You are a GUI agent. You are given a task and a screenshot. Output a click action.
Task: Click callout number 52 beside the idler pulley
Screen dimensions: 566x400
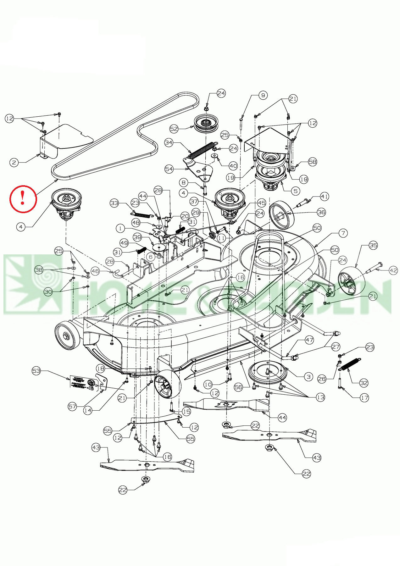tap(174, 129)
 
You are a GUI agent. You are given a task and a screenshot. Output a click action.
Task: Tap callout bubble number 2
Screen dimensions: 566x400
tap(14, 163)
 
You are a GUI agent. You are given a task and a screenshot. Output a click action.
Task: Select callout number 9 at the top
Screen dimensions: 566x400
tap(263, 95)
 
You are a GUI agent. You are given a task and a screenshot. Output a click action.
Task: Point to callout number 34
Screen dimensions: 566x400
tap(169, 143)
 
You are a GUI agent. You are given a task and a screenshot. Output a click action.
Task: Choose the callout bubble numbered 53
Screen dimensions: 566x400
tap(37, 371)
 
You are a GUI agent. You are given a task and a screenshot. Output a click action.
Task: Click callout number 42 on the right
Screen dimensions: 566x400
tap(393, 270)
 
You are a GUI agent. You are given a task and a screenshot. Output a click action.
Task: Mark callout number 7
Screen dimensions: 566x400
tap(343, 233)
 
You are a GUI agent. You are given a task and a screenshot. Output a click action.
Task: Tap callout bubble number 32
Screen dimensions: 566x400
tap(364, 383)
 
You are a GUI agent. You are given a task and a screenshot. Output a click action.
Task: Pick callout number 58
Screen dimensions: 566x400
tap(313, 162)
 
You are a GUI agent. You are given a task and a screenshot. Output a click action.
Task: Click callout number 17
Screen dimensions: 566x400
tap(364, 398)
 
